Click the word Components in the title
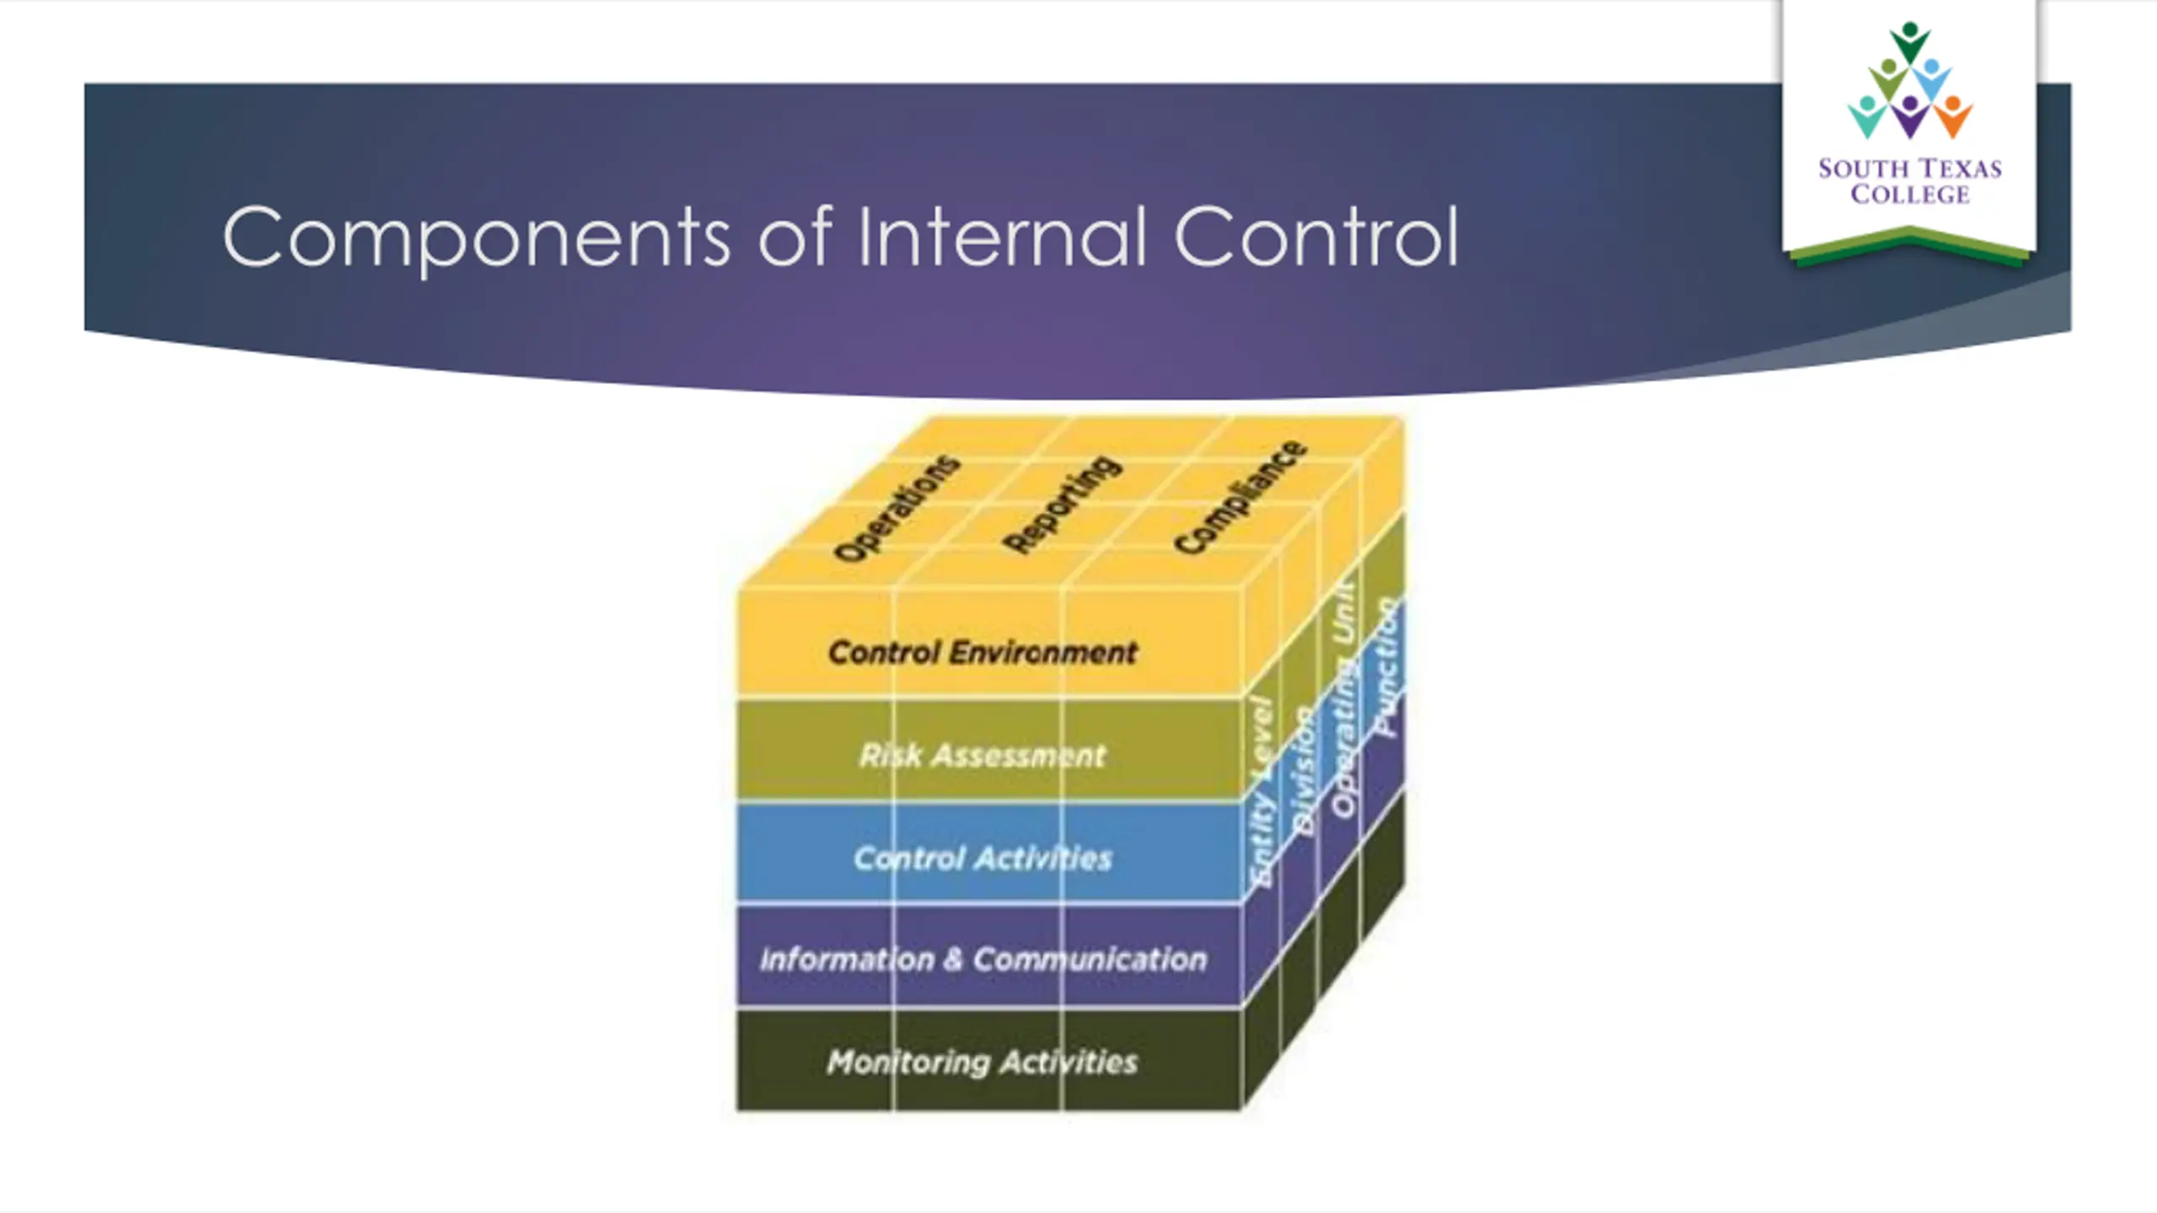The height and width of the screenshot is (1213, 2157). pos(476,238)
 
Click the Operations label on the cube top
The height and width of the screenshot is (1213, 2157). pos(897,508)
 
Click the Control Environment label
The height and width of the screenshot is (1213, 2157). pos(982,652)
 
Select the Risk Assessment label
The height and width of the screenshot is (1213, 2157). pos(982,756)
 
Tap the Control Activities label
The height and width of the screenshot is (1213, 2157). pos(982,858)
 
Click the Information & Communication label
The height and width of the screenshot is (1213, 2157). pos(982,959)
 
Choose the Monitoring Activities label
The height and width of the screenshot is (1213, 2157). pos(982,1062)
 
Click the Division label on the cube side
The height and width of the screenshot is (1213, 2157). pos(1303,771)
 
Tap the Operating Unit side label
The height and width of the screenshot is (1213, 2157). pos(1345,699)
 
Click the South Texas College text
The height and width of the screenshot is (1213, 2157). pos(1909,181)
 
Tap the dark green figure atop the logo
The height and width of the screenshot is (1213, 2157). pos(1909,40)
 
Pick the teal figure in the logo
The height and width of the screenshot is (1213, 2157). pos(1865,117)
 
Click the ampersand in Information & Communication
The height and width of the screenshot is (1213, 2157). pos(953,959)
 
